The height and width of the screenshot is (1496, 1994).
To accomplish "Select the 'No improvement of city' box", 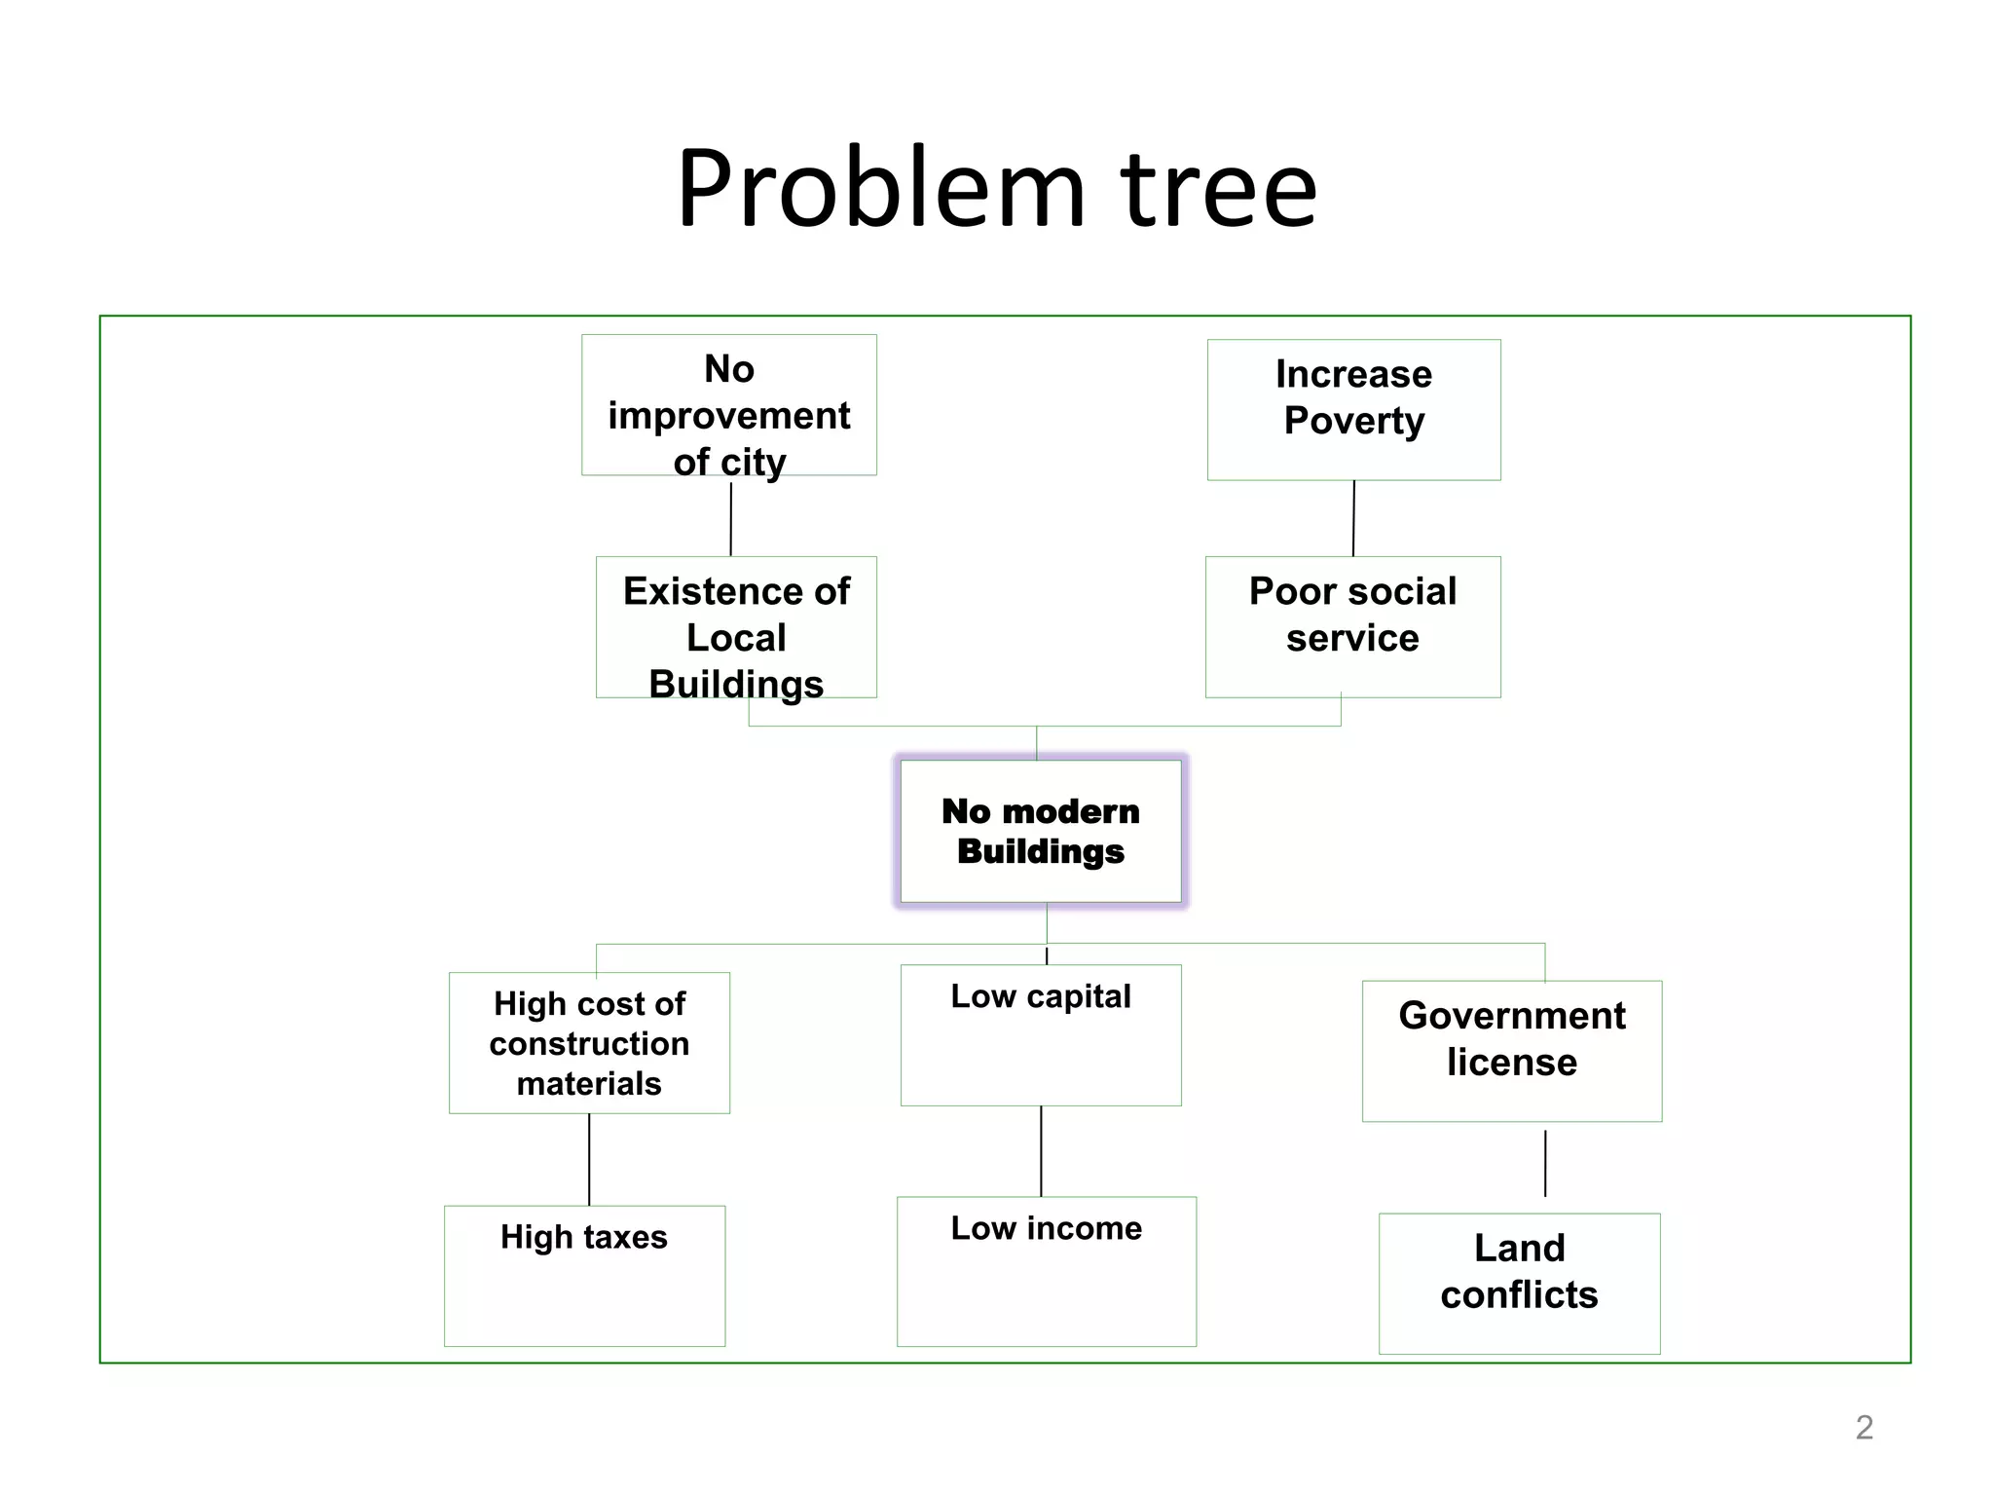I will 729,406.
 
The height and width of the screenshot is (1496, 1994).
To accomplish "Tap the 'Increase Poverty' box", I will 1353,409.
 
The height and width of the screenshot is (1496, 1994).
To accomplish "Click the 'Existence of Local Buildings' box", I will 736,628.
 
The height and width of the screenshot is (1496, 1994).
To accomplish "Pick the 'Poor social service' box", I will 1352,627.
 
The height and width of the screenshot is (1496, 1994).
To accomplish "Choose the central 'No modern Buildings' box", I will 1040,831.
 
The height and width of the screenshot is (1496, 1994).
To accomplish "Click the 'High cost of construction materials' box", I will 589,1043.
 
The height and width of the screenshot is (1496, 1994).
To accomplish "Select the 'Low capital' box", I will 1041,1034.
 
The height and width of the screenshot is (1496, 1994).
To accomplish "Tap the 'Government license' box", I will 1511,1051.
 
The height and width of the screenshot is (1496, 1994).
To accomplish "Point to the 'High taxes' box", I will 584,1276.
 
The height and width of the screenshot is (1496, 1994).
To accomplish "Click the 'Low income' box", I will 1046,1271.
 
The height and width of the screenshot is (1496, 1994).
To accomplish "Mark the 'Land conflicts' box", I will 1519,1283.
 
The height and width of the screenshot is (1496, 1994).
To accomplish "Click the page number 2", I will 1864,1427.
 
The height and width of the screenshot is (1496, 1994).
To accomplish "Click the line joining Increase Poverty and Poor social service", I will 1353,518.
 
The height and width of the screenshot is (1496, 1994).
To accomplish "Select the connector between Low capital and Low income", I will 1041,1151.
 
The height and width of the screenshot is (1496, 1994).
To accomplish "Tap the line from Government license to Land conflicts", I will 1545,1164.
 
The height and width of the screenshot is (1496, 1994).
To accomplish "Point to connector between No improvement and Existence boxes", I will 731,518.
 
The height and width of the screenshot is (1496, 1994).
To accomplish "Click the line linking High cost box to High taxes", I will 589,1159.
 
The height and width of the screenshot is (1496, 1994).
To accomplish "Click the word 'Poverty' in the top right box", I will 1353,421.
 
